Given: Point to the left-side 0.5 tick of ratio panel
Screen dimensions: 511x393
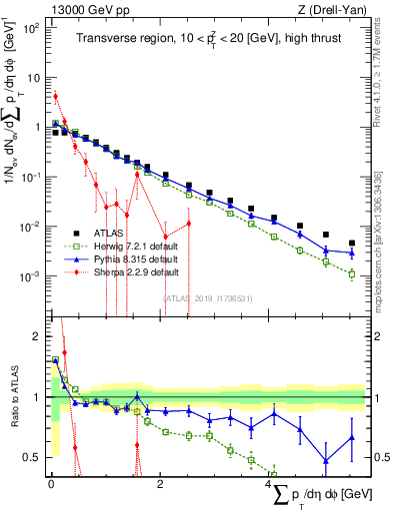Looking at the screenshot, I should coord(34,457).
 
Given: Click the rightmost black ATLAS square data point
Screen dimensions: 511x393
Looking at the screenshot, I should coord(351,243).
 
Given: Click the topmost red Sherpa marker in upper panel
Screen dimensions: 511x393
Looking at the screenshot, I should coord(56,97).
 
